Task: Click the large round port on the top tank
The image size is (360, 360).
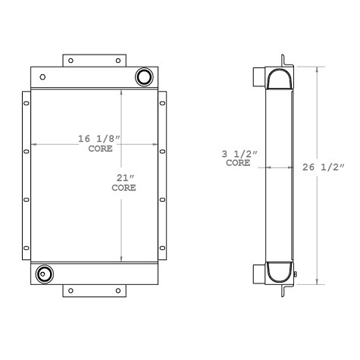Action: pyautogui.click(x=143, y=77)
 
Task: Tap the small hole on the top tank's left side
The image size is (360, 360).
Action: pyautogui.click(x=42, y=77)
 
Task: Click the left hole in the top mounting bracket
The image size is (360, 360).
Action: pyautogui.click(x=70, y=61)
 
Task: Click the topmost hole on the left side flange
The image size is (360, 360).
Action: pyautogui.click(x=26, y=104)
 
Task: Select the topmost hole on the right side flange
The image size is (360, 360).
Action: pyautogui.click(x=163, y=104)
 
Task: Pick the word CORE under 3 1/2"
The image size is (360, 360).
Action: pyautogui.click(x=238, y=163)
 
